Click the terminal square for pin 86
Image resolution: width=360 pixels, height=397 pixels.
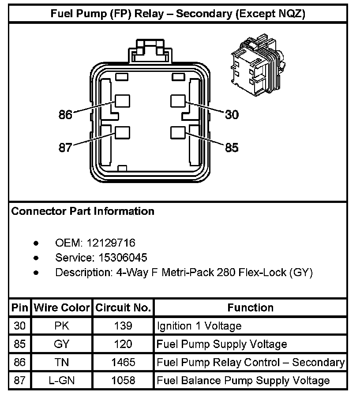pyautogui.click(x=122, y=101)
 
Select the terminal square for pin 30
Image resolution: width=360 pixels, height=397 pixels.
pyautogui.click(x=178, y=101)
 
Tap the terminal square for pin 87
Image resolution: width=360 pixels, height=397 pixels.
pyautogui.click(x=122, y=133)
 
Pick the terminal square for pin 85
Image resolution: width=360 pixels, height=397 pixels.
pyautogui.click(x=178, y=133)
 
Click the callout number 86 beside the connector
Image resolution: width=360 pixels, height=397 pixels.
pyautogui.click(x=65, y=115)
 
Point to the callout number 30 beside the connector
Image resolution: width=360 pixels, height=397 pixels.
pyautogui.click(x=232, y=115)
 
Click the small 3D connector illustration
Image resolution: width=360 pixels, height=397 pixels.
pyautogui.click(x=256, y=65)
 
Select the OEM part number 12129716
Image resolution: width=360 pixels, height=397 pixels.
pyautogui.click(x=111, y=243)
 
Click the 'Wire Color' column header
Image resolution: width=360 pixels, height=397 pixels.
pyautogui.click(x=62, y=307)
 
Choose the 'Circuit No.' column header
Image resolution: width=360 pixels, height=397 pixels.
pyautogui.click(x=123, y=307)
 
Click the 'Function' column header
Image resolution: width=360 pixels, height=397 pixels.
pyautogui.click(x=250, y=307)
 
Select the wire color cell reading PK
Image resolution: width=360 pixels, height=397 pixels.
pyautogui.click(x=62, y=326)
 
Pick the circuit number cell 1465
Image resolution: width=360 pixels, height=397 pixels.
pyautogui.click(x=123, y=363)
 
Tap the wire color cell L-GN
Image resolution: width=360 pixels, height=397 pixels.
pyautogui.click(x=62, y=381)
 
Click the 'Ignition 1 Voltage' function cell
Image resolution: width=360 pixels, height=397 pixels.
pyautogui.click(x=199, y=326)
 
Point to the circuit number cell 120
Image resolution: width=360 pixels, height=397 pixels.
pyautogui.click(x=123, y=345)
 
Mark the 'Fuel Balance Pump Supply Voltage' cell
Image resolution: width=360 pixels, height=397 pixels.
pyautogui.click(x=243, y=381)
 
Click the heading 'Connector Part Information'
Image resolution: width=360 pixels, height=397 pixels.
pyautogui.click(x=83, y=211)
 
